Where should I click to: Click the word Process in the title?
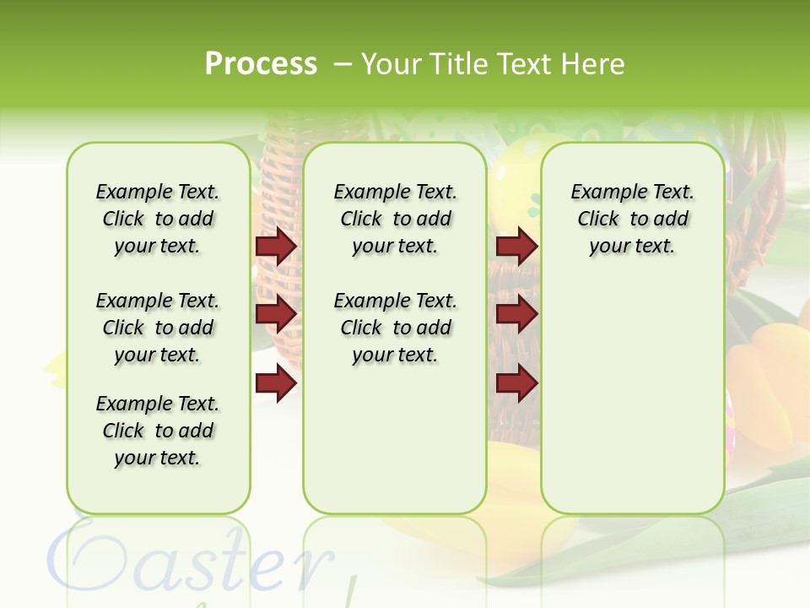[x=261, y=64]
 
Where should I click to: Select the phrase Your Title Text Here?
[x=493, y=64]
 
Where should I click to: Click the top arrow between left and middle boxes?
[x=276, y=246]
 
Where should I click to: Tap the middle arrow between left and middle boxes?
[x=276, y=315]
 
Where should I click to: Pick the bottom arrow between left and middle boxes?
[x=276, y=383]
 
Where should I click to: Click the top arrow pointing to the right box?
[x=516, y=246]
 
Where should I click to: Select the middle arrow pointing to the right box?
[x=516, y=315]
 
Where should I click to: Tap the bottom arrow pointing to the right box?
[x=516, y=383]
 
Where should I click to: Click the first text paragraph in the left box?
[x=158, y=219]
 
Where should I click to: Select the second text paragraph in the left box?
[x=158, y=328]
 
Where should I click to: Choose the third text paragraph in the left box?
[x=158, y=431]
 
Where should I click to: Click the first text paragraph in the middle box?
[x=395, y=219]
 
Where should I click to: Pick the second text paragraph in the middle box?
[x=395, y=328]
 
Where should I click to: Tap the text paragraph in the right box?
[x=632, y=219]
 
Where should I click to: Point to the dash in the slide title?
[x=343, y=65]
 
